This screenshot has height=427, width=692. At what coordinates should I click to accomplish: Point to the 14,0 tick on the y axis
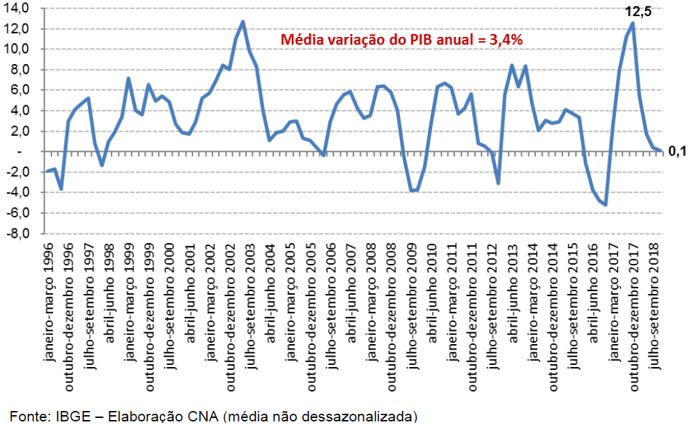tap(18, 8)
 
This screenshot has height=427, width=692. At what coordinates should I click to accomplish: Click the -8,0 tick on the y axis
tap(18, 233)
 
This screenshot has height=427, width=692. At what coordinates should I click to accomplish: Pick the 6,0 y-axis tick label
tap(21, 89)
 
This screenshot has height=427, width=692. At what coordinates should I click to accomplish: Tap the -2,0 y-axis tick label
tap(18, 172)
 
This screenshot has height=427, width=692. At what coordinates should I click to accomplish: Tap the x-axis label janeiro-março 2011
tap(452, 300)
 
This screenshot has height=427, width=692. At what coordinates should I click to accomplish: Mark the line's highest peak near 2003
tap(243, 22)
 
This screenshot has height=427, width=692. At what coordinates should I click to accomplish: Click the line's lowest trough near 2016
tap(606, 205)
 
